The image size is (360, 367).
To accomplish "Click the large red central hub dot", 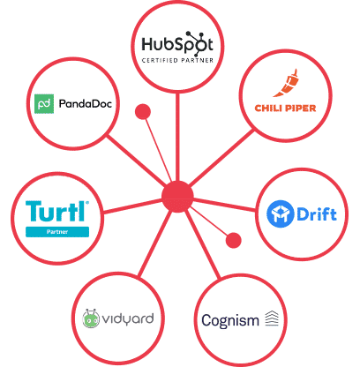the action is [x=177, y=197].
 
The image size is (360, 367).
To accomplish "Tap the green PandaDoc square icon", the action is [x=44, y=104].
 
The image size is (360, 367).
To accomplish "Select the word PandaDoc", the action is [x=86, y=103].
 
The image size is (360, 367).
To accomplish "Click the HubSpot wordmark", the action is [x=177, y=44].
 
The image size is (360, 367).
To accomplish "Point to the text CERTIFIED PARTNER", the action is [x=177, y=61].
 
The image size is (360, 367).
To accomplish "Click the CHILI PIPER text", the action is [x=285, y=109].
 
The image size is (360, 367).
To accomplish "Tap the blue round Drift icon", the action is [x=280, y=214].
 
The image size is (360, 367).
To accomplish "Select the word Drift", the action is [x=317, y=213].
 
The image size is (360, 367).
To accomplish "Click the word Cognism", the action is [x=230, y=321].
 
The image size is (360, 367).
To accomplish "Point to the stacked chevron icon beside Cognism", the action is [x=272, y=318].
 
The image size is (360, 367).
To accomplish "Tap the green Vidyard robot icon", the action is [x=91, y=318].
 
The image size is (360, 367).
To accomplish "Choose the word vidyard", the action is [x=128, y=319].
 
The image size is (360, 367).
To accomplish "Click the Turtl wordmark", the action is [x=57, y=211].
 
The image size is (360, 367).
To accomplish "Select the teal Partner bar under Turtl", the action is [x=57, y=232].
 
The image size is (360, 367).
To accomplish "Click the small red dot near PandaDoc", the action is [x=143, y=112].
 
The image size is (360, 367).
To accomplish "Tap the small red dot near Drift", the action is [x=234, y=240].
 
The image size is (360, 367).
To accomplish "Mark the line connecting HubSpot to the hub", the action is [x=177, y=137].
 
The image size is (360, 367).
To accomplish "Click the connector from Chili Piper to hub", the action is [x=221, y=158].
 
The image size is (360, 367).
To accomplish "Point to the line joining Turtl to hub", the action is [x=132, y=206].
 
